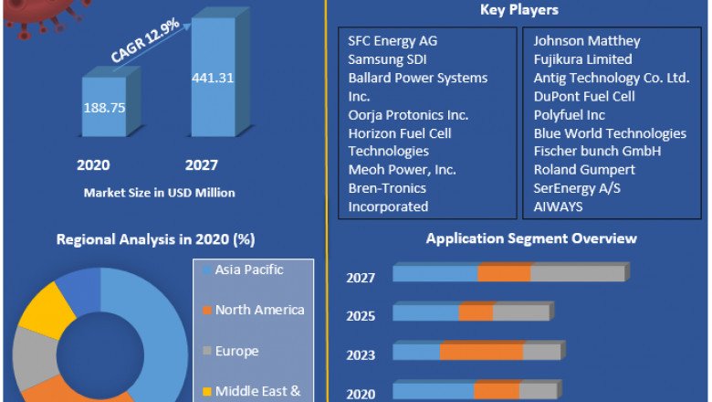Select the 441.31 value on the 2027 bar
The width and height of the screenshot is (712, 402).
click(213, 78)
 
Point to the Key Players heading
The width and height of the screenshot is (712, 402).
click(518, 10)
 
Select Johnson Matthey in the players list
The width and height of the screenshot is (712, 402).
click(587, 41)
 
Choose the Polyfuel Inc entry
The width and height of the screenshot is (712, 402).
click(570, 115)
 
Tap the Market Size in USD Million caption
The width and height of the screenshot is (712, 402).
click(159, 193)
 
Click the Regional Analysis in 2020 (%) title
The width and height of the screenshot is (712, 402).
click(155, 239)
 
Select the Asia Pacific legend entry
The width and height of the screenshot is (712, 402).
click(250, 270)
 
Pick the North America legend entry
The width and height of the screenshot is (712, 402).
click(259, 310)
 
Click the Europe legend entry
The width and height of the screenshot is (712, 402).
click(236, 351)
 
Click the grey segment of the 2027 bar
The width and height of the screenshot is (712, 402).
click(577, 273)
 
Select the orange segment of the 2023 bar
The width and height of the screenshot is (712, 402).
click(481, 352)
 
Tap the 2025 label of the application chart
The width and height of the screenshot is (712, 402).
click(361, 315)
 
